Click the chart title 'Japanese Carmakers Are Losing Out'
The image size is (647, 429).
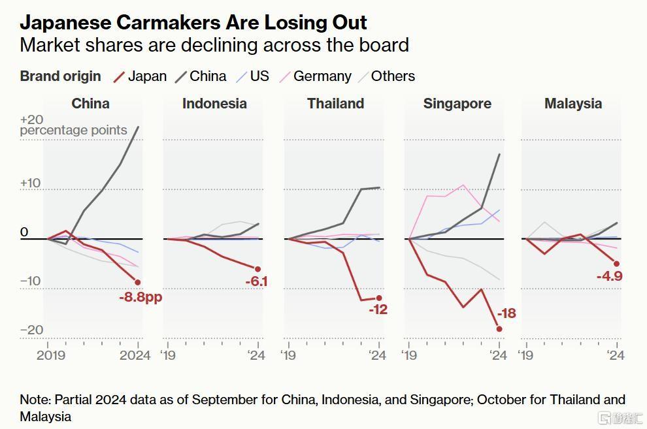point(193,22)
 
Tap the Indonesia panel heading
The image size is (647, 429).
point(214,104)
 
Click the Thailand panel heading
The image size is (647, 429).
point(335,104)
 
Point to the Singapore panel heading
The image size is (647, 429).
point(457,104)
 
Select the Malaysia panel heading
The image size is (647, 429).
point(573,104)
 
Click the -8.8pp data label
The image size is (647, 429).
point(141,297)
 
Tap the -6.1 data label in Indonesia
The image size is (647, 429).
point(256,282)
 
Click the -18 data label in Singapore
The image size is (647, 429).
point(506,313)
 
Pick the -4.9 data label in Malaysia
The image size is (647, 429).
point(609,276)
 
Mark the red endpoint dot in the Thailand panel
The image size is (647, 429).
point(378,298)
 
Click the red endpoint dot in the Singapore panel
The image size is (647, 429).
point(499,328)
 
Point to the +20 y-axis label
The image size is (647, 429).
point(31,119)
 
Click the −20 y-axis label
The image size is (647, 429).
point(31,330)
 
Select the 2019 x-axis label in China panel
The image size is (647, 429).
point(51,355)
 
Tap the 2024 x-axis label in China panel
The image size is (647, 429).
point(136,355)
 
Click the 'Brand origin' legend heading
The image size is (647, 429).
point(60,76)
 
